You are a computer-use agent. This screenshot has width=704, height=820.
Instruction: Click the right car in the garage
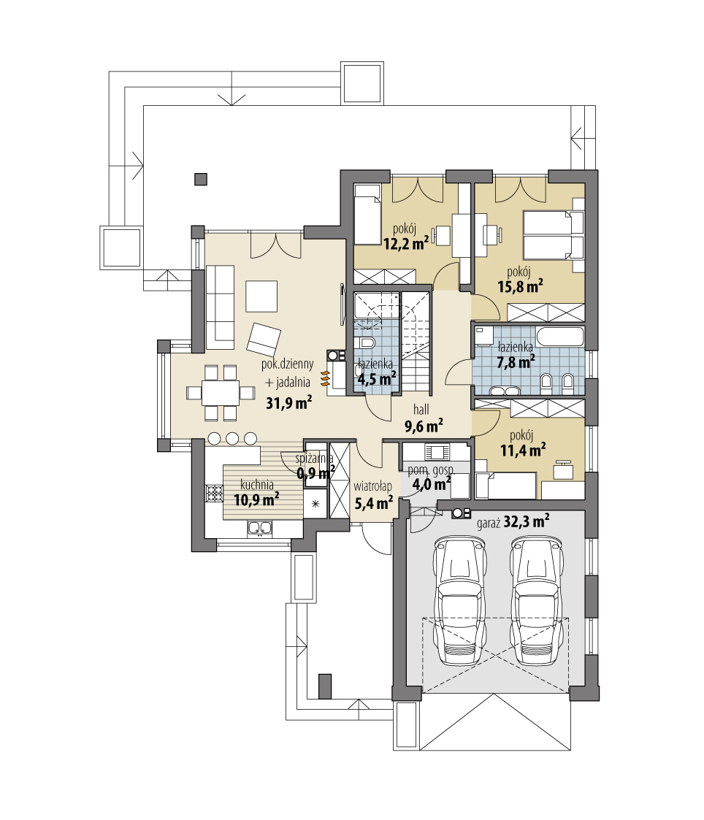pos(539,600)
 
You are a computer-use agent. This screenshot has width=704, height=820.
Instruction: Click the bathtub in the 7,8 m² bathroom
pos(559,337)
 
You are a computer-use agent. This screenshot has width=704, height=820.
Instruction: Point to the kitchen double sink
pos(260,527)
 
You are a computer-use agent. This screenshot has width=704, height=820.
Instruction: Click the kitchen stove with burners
pos(214,494)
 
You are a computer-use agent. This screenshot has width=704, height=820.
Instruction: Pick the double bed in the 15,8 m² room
pos(553,235)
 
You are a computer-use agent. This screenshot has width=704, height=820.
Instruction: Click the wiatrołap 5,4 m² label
pos(373,494)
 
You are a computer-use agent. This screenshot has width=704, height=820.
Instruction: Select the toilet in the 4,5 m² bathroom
pos(367,342)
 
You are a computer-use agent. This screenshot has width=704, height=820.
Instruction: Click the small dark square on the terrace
pos(200,177)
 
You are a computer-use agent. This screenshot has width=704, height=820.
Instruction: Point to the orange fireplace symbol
pos(325,377)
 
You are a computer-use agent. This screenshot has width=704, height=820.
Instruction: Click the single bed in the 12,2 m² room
pos(367,215)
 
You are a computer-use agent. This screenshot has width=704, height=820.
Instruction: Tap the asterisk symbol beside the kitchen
pos(315,504)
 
